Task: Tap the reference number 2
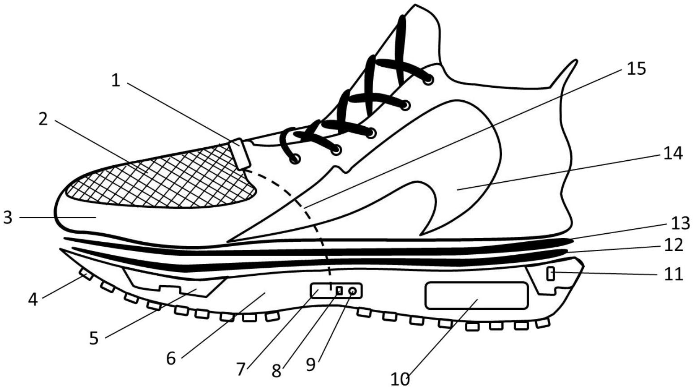(43, 119)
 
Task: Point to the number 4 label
(33, 299)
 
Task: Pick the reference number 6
(171, 358)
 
